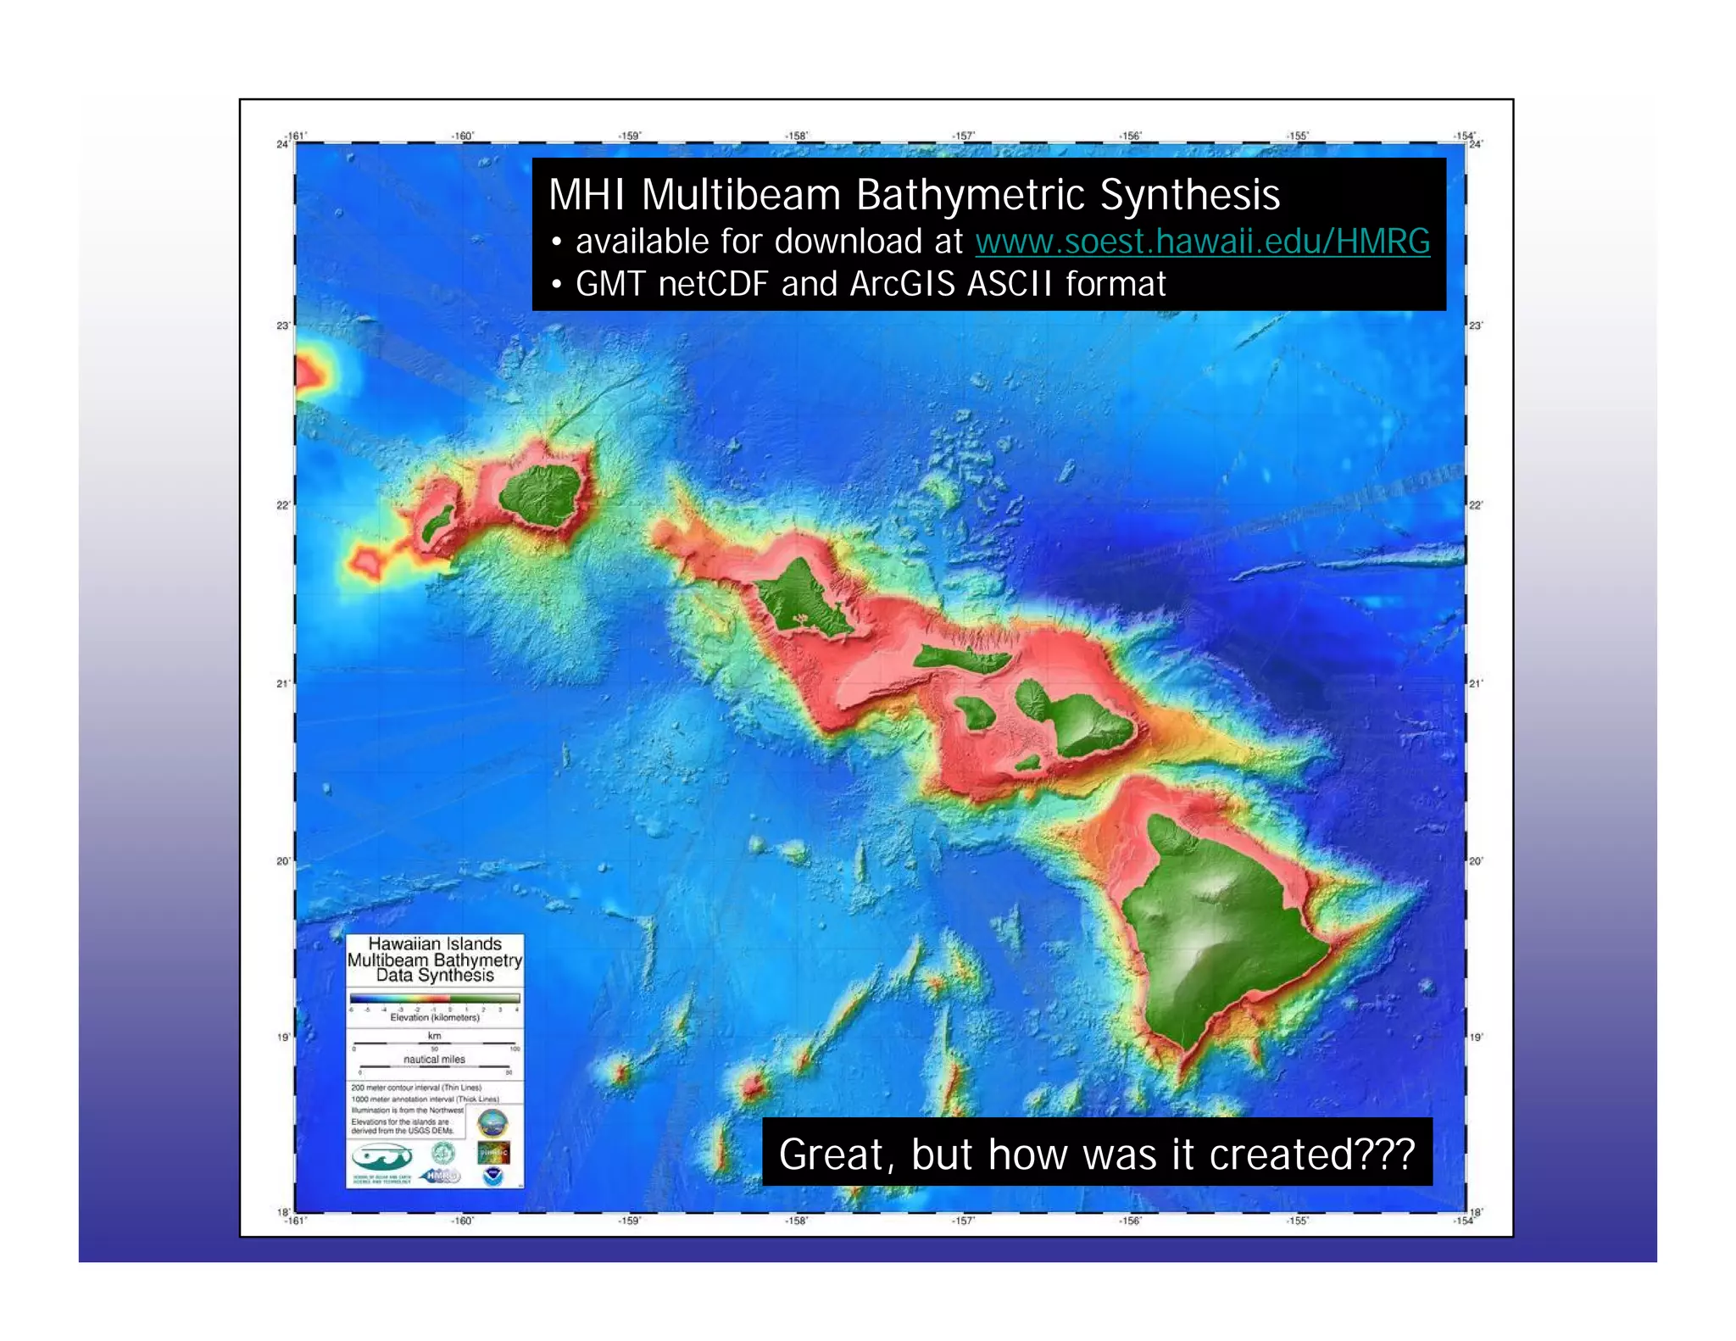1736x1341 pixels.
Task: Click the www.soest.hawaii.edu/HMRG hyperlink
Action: tap(1202, 242)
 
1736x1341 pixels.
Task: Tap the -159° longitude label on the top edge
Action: tap(629, 136)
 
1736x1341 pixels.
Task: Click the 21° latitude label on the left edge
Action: tap(282, 683)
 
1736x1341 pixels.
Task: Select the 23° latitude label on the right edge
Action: tap(1476, 326)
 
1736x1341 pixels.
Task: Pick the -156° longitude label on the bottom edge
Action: tap(1129, 1221)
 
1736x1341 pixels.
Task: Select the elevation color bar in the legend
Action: tap(434, 999)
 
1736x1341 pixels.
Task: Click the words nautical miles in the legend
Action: tap(434, 1060)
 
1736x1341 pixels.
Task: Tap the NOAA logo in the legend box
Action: tap(492, 1177)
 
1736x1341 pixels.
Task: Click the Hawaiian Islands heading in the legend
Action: tap(435, 944)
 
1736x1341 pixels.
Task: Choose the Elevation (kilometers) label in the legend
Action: tap(435, 1017)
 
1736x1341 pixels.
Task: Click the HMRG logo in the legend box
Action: tap(441, 1176)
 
